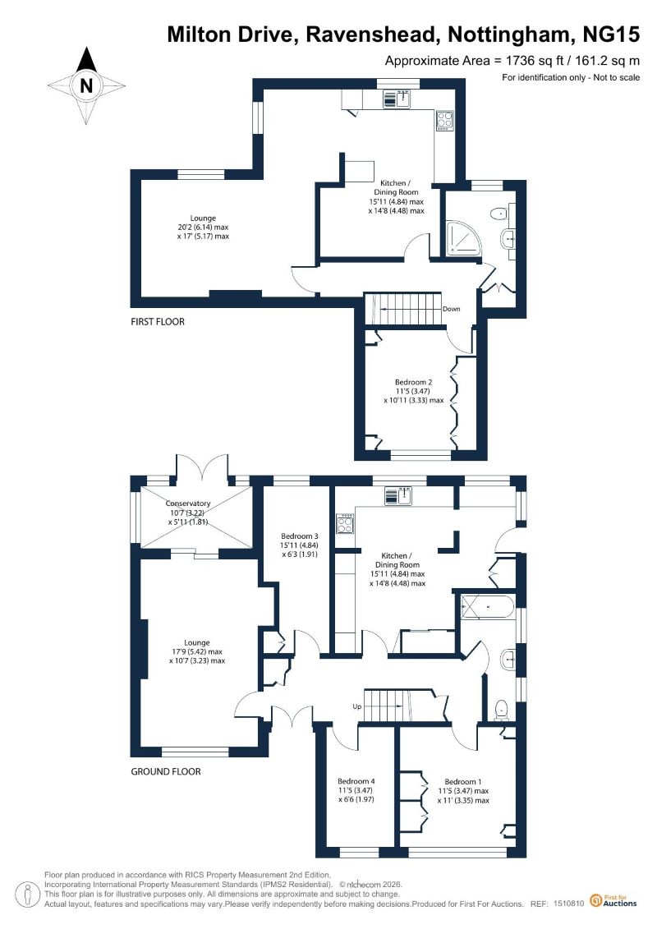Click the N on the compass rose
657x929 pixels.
(x=86, y=86)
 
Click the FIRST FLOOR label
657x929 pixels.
(x=158, y=322)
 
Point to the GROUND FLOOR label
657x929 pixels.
(x=166, y=771)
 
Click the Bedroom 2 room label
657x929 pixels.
(x=414, y=382)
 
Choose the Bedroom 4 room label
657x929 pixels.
(x=356, y=781)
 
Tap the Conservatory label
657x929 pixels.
(x=188, y=504)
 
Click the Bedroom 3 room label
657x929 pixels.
(x=300, y=536)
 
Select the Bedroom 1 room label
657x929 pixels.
(x=463, y=782)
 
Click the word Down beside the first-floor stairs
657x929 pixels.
(x=452, y=309)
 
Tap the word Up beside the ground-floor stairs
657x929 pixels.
(x=357, y=706)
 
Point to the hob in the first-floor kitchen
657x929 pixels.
(x=444, y=121)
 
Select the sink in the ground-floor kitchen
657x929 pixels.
(x=397, y=496)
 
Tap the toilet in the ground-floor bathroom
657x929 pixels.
(x=503, y=709)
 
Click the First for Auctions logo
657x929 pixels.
(x=613, y=900)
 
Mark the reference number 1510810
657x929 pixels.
(x=569, y=904)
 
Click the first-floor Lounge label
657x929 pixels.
(x=203, y=218)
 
